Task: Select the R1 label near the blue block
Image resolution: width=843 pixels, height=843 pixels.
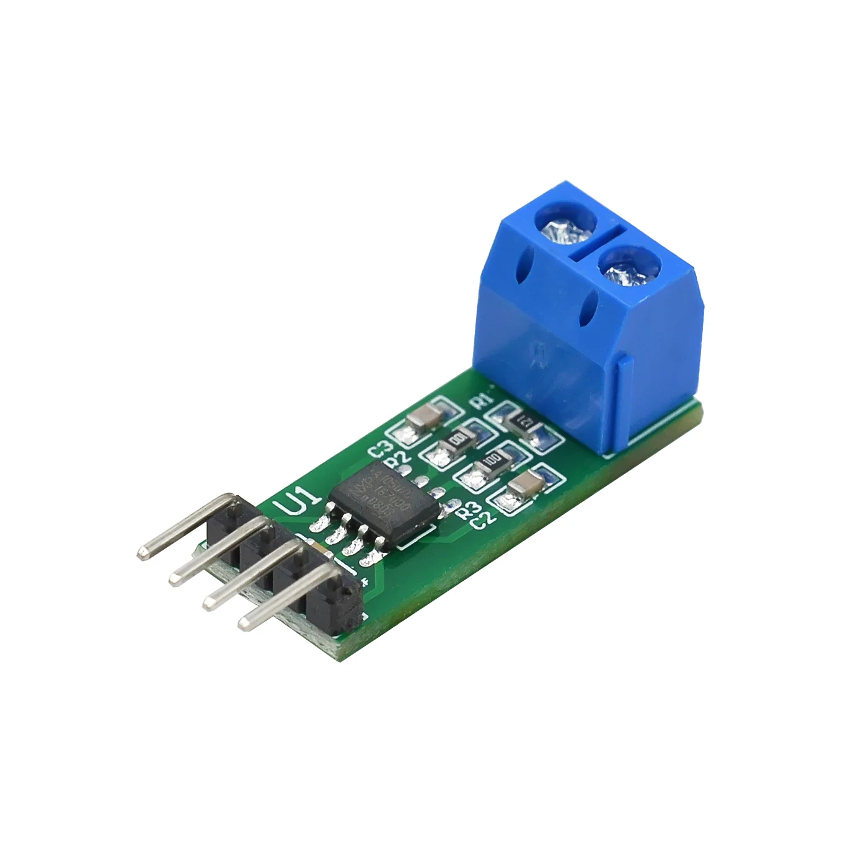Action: (482, 399)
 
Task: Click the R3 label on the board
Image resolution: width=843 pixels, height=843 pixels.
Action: (468, 510)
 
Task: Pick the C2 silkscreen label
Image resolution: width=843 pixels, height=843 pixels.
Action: (483, 519)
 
